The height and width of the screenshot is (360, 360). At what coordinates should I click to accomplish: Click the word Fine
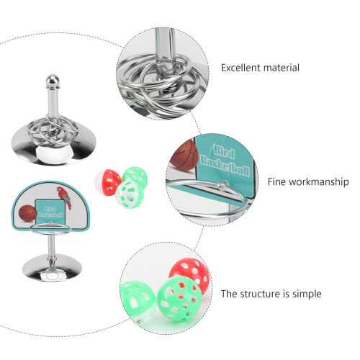point(277,181)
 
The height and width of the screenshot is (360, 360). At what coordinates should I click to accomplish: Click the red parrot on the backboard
point(64,198)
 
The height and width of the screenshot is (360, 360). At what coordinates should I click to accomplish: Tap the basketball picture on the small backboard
point(27,213)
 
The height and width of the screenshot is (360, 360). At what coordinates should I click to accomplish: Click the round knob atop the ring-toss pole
point(53,81)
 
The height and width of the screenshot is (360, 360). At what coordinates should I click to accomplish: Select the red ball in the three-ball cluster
point(107,182)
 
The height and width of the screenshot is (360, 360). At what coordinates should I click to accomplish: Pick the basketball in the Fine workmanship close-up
point(185,155)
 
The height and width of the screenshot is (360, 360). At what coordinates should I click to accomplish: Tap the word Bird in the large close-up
point(224,152)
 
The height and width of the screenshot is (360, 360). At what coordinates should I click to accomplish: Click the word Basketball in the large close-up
point(225,165)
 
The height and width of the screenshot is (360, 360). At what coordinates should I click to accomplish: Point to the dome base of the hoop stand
point(52,269)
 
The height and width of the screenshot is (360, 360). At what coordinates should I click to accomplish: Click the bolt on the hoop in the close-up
point(222,185)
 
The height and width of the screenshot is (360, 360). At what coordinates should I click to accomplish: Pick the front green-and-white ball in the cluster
point(130,194)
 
